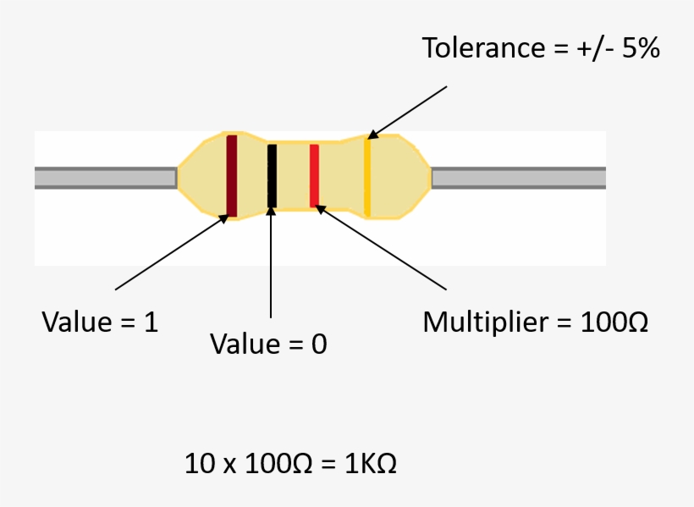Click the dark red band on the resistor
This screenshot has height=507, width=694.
pyautogui.click(x=231, y=175)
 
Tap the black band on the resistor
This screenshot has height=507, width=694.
pyautogui.click(x=272, y=175)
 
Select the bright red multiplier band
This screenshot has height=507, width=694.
pyautogui.click(x=314, y=175)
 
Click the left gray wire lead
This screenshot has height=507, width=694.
pyautogui.click(x=105, y=178)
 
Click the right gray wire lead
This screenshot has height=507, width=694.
pyautogui.click(x=518, y=178)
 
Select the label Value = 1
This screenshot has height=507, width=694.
pyautogui.click(x=100, y=322)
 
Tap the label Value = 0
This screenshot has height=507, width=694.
pyautogui.click(x=268, y=344)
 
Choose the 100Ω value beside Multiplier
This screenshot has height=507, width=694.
pyautogui.click(x=614, y=322)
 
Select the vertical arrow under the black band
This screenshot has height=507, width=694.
pyautogui.click(x=271, y=262)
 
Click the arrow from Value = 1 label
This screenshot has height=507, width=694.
pyautogui.click(x=169, y=253)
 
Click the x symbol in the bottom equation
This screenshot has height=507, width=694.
pyautogui.click(x=227, y=465)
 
